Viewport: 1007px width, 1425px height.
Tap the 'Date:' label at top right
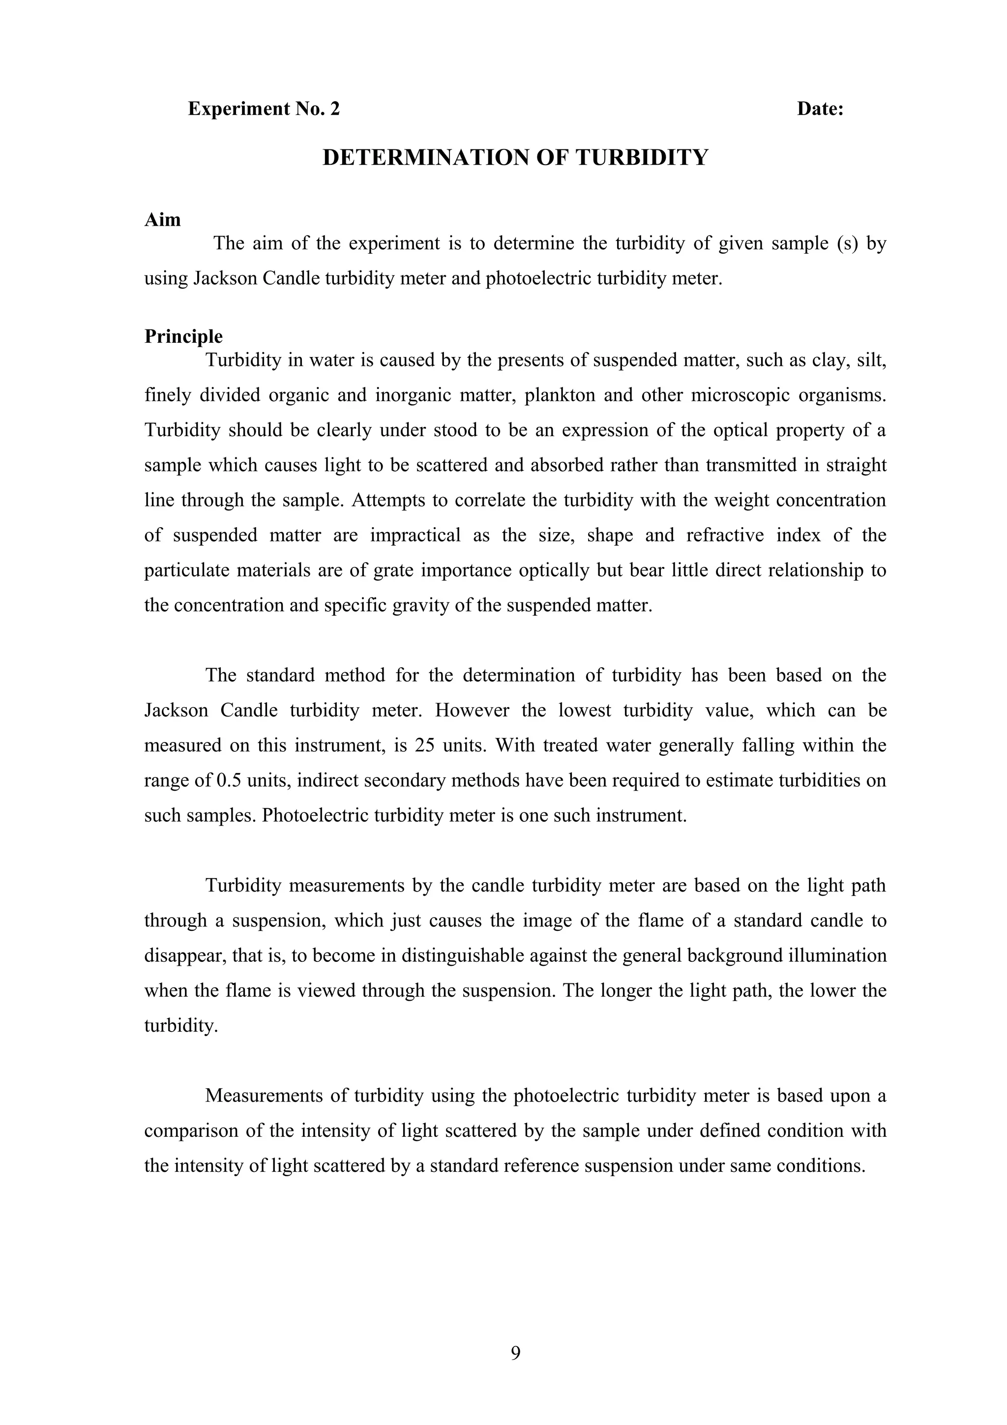820,109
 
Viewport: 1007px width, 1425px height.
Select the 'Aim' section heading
163,220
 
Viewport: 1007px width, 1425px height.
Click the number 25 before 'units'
424,745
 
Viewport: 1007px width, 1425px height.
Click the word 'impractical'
415,535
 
